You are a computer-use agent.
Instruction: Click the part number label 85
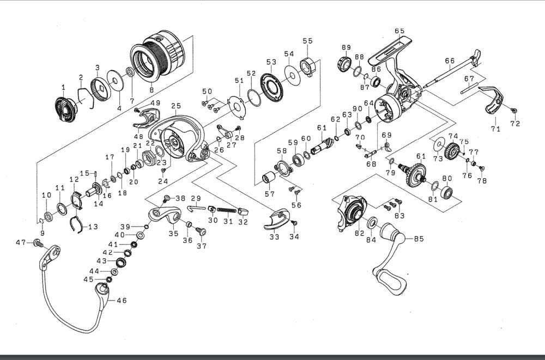[x=419, y=237]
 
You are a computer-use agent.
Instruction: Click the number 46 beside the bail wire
[x=122, y=300]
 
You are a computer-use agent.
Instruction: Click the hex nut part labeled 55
[x=309, y=67]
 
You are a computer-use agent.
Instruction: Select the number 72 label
[x=515, y=124]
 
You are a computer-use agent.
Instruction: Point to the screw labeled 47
[x=38, y=242]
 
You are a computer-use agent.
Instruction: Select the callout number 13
[x=93, y=227]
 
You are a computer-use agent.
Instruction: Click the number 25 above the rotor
[x=175, y=106]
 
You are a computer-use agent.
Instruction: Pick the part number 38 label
[x=179, y=198]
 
